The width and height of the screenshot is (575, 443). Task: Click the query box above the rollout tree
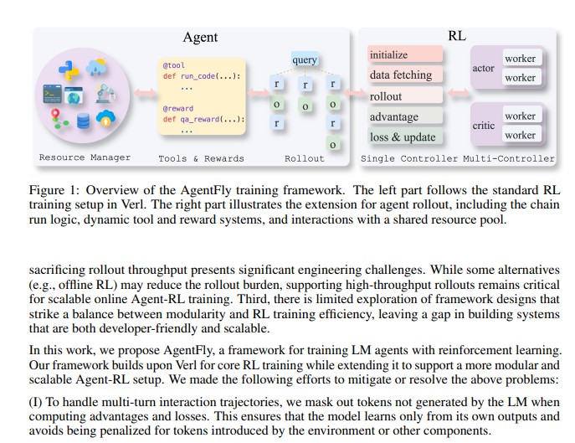tap(305, 59)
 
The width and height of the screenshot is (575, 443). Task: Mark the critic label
tap(483, 125)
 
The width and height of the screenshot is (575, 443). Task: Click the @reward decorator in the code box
tap(178, 108)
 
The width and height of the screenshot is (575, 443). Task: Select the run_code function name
tap(201, 75)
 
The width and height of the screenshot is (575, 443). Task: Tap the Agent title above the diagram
tap(200, 37)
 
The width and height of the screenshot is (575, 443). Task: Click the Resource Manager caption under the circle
tap(85, 157)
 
